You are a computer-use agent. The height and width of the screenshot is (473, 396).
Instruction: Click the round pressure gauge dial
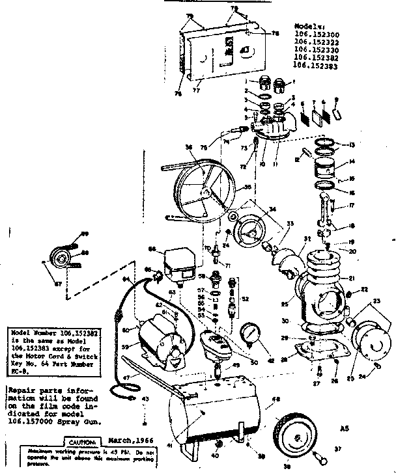coord(251,334)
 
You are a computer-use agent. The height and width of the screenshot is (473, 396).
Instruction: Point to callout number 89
coord(84,234)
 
